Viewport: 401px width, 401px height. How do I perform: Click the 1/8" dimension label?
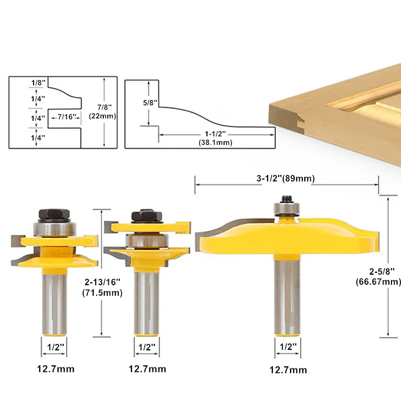(39, 83)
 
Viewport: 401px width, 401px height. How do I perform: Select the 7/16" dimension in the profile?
(67, 117)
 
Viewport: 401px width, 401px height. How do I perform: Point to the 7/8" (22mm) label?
(102, 111)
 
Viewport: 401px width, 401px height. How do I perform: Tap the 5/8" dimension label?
(150, 103)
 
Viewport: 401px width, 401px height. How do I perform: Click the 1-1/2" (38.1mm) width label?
(216, 138)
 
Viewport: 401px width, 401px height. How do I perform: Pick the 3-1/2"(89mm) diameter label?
(286, 178)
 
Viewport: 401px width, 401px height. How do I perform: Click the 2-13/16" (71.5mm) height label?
(102, 287)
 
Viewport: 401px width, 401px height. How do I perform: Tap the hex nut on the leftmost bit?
(54, 215)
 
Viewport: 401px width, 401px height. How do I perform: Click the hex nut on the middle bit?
(147, 216)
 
